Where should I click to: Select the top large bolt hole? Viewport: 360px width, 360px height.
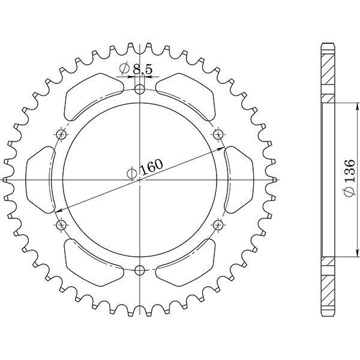[x=140, y=90]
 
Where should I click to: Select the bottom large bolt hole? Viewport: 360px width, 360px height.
[x=140, y=269]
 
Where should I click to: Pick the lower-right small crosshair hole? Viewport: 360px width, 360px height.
[x=218, y=224]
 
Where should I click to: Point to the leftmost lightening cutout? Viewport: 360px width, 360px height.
[x=43, y=179]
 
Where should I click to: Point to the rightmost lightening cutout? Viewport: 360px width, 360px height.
[x=238, y=179]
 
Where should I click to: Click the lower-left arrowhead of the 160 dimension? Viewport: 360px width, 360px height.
[x=58, y=211]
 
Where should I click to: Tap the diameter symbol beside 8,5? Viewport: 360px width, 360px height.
[x=125, y=69]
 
